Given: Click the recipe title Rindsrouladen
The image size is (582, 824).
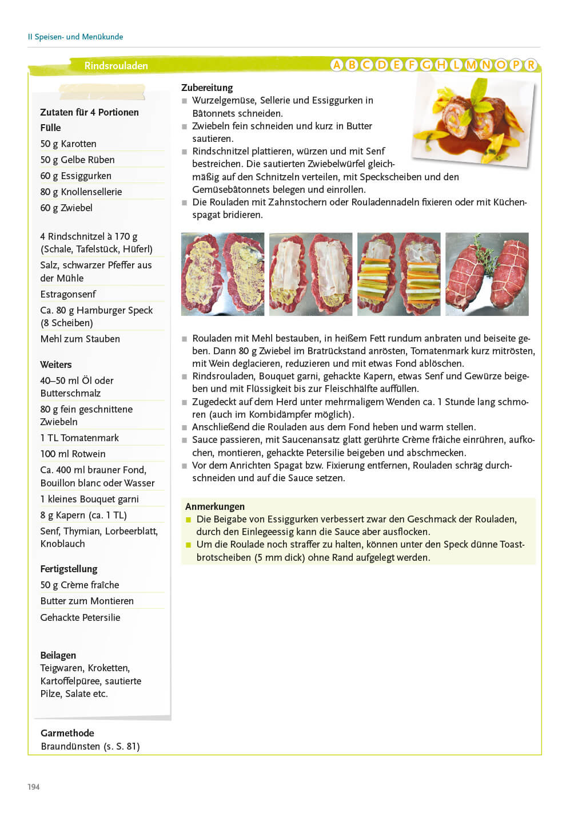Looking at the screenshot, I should [116, 66].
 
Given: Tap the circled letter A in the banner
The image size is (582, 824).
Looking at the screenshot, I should [337, 65].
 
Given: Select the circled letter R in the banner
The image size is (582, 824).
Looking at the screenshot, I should [531, 65].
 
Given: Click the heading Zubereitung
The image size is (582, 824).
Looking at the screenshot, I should [207, 88].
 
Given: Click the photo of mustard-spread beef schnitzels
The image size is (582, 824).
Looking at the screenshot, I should [222, 274].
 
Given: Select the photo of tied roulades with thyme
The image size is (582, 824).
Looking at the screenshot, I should [487, 274].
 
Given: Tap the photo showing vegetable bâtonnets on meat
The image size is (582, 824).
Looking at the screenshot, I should [398, 274].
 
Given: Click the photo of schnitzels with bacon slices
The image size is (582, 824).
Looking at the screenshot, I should [310, 274].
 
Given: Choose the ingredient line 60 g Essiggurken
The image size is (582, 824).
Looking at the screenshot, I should [75, 176].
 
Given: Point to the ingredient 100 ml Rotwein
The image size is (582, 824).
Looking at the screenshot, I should [73, 454].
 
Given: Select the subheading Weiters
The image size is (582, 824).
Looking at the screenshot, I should [56, 365].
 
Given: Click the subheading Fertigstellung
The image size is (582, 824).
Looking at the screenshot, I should [69, 569].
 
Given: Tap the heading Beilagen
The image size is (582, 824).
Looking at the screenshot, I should [58, 655].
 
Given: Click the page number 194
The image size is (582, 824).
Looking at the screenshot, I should [34, 787].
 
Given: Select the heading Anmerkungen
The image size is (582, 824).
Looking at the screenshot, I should [215, 506].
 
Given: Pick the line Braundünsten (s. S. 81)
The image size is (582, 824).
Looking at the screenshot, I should [90, 746].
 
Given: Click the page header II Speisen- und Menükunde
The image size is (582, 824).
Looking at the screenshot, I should [75, 37].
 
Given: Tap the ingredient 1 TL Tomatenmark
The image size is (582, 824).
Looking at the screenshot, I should [79, 438].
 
